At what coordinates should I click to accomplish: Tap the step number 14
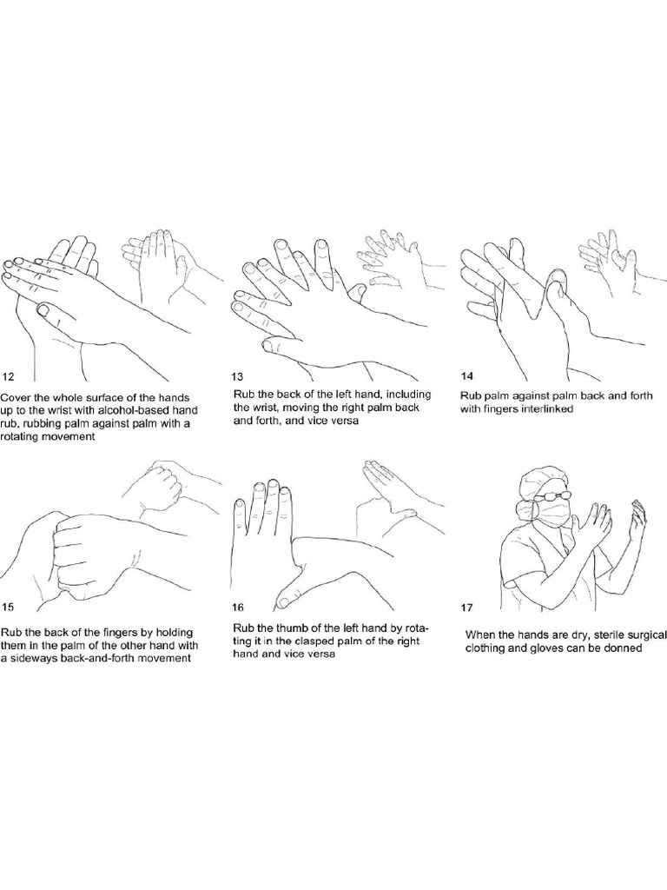tap(467, 375)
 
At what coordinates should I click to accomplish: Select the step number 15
tap(8, 607)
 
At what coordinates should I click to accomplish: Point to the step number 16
tap(238, 608)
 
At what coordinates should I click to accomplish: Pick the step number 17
tap(466, 608)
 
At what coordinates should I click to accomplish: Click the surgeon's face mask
tap(554, 513)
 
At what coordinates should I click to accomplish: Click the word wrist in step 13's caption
tap(265, 408)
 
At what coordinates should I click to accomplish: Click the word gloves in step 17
tap(532, 648)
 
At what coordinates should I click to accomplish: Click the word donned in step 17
tap(625, 648)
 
